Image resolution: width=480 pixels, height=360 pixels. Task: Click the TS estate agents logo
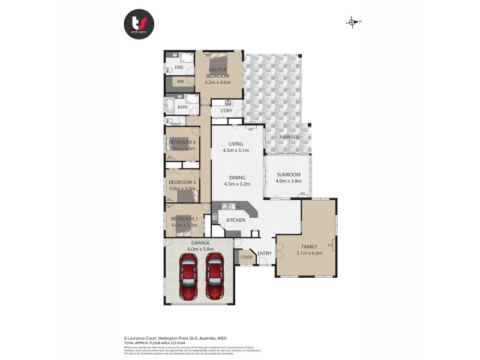tap(139, 25)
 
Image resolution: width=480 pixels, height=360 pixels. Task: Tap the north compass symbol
tap(352, 22)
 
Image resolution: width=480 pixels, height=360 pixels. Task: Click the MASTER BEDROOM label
tap(217, 73)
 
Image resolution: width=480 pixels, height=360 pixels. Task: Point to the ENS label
tap(179, 68)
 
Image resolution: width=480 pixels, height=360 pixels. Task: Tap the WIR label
tap(180, 82)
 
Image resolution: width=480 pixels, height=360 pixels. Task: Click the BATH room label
tap(182, 107)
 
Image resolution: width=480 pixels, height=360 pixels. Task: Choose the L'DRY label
tap(226, 111)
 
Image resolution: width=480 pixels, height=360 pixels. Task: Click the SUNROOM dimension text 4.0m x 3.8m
tap(289, 181)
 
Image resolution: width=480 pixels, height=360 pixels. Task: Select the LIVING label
tap(235, 144)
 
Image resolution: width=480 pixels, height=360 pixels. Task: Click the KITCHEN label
tap(236, 220)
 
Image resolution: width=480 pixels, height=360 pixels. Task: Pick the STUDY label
tap(246, 258)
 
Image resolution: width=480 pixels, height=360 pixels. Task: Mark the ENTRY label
tap(265, 253)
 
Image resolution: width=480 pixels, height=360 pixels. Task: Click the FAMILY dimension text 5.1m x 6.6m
tap(307, 253)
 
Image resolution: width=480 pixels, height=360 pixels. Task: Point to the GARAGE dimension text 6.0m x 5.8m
tap(200, 248)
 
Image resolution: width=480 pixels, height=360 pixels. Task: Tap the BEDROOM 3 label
tap(182, 182)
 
